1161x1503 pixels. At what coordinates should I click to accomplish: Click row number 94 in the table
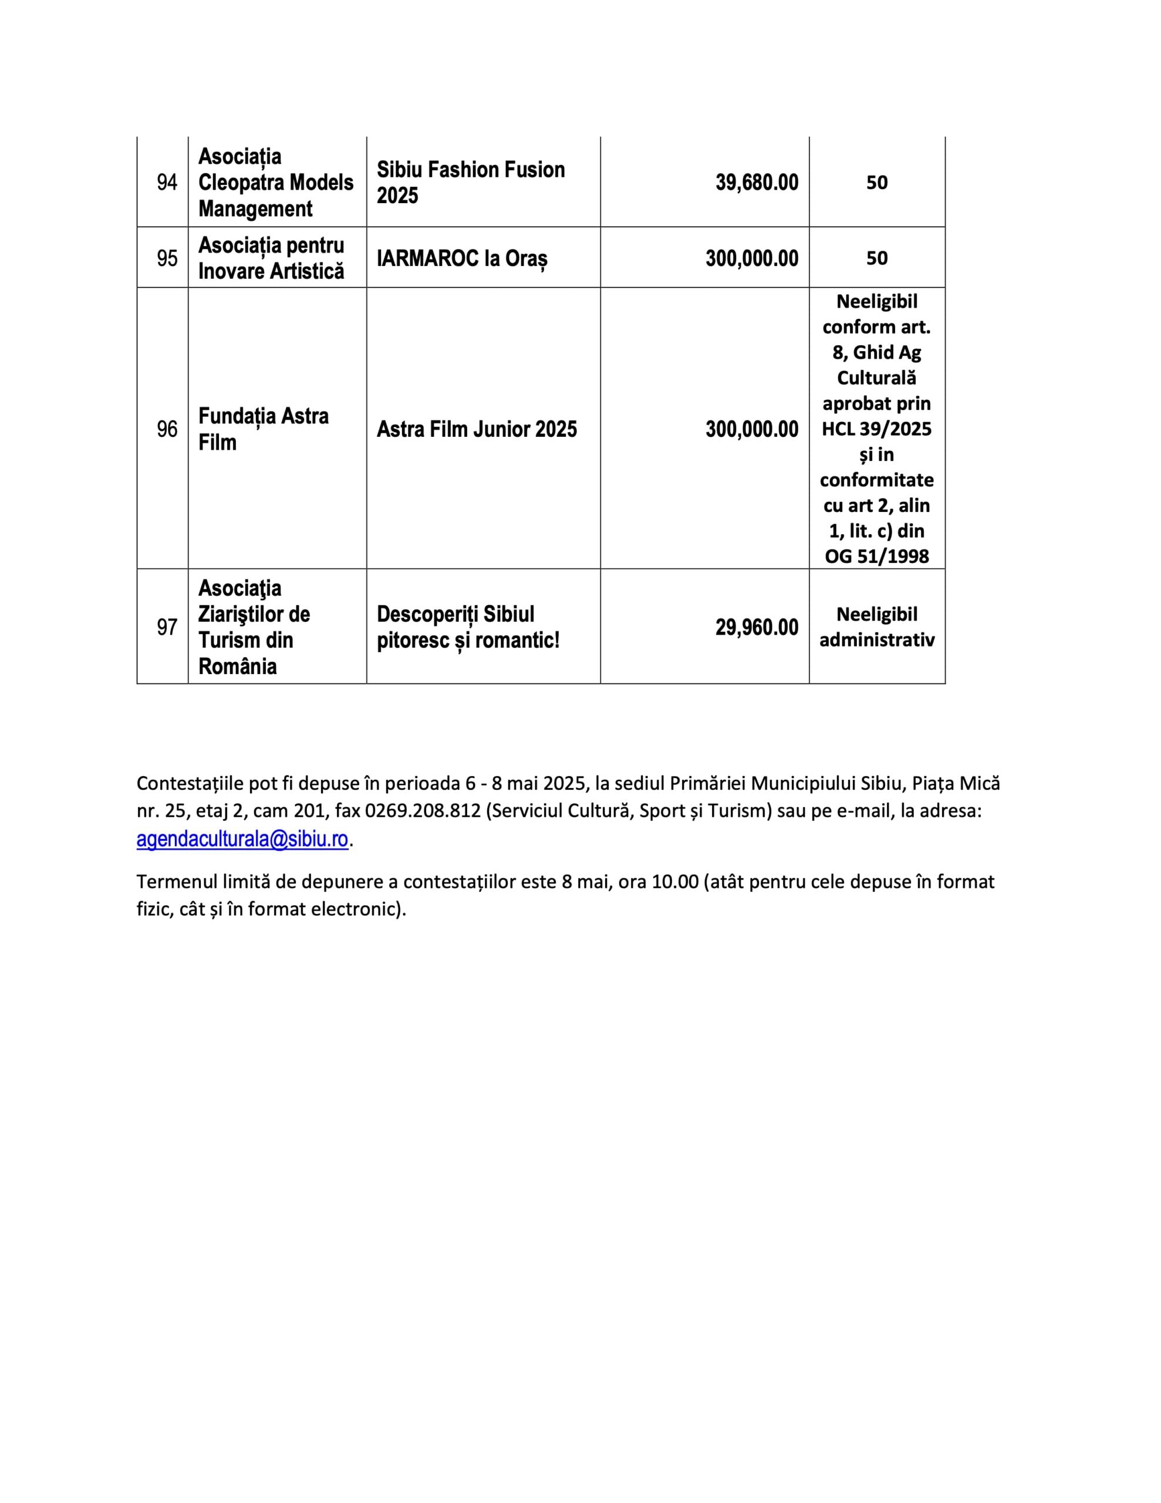167,183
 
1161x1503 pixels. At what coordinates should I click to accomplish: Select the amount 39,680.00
757,183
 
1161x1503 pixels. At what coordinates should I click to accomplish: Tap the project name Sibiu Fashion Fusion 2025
471,183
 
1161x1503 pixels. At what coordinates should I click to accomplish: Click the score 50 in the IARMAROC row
876,258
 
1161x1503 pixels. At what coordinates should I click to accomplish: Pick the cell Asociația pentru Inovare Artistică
271,258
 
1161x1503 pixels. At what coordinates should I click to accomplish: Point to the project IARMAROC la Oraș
462,259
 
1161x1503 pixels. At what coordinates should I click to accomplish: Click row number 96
167,429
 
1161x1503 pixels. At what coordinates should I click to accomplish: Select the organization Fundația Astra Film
263,429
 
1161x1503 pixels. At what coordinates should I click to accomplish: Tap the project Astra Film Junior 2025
476,429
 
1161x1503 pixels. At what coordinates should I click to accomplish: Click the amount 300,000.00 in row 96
751,429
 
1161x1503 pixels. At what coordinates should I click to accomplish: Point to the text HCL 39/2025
876,429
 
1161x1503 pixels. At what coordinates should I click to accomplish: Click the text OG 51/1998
876,556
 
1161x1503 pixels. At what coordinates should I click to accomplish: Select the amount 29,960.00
757,627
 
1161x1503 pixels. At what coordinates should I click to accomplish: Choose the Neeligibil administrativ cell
876,627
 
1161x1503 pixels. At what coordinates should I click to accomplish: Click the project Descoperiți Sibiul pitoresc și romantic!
468,627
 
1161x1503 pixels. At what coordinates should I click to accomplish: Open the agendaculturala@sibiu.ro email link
242,840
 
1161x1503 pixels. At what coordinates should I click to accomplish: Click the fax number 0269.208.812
423,811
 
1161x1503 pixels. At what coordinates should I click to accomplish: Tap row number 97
167,627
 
